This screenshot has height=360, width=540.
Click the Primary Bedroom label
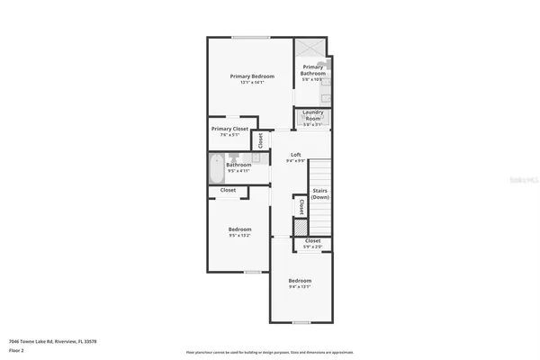tap(251, 77)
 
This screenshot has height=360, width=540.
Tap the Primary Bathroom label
tap(313, 69)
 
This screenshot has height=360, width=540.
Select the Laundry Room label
tap(312, 115)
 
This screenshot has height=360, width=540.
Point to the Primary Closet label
tap(229, 129)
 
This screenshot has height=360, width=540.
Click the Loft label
tap(295, 155)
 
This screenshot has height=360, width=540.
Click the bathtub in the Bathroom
tap(216, 167)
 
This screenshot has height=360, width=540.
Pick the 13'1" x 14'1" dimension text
tap(251, 84)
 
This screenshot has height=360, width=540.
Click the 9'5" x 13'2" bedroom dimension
tap(238, 236)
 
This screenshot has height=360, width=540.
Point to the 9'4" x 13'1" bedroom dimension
tap(300, 287)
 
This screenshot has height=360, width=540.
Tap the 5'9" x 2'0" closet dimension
tap(312, 247)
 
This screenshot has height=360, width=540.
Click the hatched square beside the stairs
tap(301, 228)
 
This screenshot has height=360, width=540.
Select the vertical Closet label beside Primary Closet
tap(261, 139)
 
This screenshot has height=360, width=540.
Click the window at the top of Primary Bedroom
tap(250, 37)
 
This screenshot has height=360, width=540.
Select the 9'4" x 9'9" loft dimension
tap(295, 162)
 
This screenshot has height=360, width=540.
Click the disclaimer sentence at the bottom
tap(270, 351)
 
